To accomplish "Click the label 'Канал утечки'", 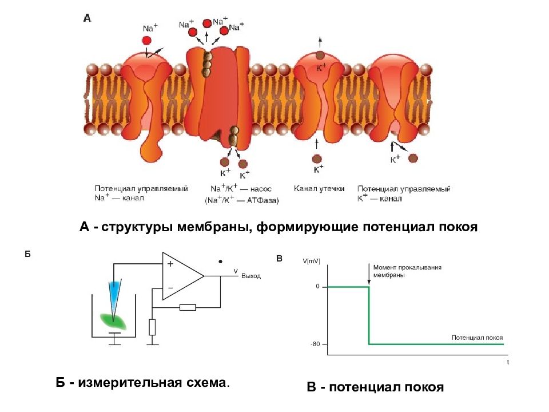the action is coord(319,189).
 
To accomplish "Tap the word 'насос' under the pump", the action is coord(261,189).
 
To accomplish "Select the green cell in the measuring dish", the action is coord(113,321).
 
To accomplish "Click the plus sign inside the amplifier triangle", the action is coord(170,263).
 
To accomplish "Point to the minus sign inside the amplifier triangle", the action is coord(170,288).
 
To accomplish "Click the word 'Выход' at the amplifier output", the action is coord(251,276).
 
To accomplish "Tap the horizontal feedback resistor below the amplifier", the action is coord(188,308).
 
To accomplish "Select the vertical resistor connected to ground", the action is coord(152,327).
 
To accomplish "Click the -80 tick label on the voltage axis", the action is coord(315,344).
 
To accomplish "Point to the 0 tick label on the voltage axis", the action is coord(317,286).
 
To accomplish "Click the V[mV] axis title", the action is coord(311,261).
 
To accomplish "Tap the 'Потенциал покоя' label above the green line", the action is coord(477,338).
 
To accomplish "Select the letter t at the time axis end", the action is coord(508,362).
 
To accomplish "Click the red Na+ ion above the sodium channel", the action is coord(147,41).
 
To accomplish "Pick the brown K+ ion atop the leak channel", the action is coord(320,55).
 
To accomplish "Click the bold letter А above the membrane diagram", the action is coord(87,18).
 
